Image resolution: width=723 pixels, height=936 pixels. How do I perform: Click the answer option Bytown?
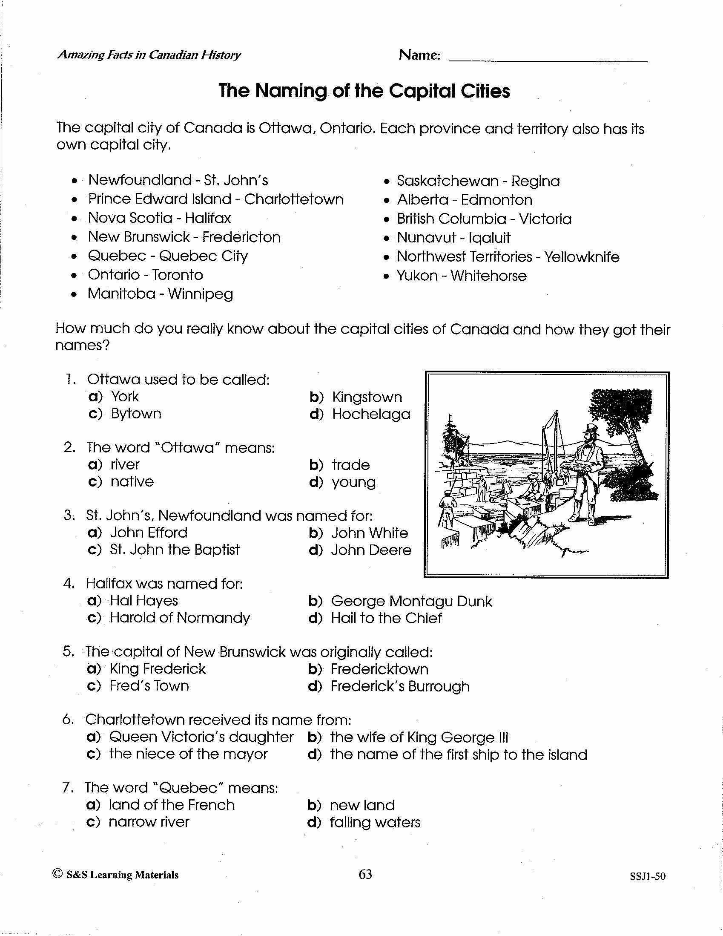point(136,414)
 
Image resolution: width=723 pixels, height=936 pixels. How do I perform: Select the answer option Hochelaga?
point(371,414)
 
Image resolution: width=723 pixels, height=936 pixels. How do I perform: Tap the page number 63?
point(365,874)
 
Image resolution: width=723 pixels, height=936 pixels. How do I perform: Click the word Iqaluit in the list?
point(490,238)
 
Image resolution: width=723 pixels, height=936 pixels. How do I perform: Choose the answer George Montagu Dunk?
point(411,601)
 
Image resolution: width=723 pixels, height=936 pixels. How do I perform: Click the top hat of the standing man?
point(592,429)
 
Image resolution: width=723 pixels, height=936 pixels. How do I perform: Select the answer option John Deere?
point(371,550)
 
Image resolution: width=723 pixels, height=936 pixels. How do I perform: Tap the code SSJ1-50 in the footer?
point(648,876)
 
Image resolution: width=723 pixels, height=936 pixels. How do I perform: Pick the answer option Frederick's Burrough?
point(400,686)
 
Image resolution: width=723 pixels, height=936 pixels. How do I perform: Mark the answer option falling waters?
point(375,822)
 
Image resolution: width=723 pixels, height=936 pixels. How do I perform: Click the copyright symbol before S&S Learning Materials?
point(57,873)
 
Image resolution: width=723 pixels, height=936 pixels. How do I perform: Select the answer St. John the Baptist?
point(175,550)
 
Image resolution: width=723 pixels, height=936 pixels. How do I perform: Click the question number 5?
point(69,651)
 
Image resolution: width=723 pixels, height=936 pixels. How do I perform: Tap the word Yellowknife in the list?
point(582,257)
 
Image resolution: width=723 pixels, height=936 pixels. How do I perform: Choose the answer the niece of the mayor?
point(189,754)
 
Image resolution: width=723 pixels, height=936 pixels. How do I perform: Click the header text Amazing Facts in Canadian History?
point(149,55)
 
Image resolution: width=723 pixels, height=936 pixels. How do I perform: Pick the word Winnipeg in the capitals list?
point(201,294)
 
